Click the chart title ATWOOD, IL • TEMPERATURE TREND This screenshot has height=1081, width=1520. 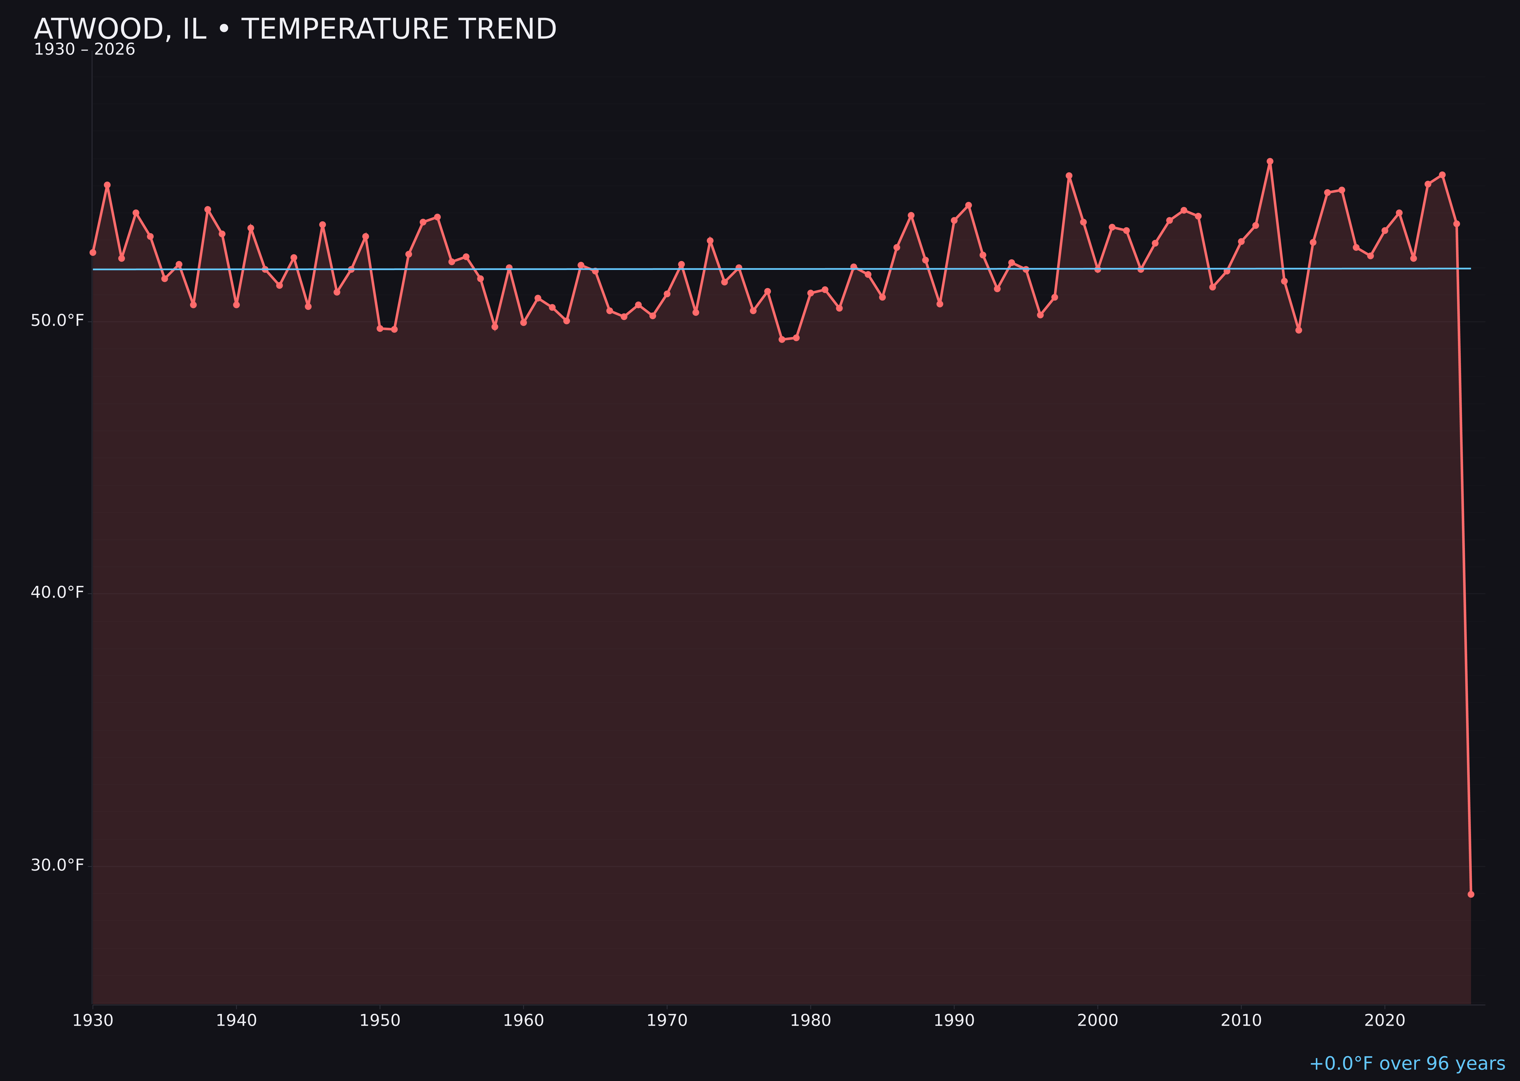click(x=295, y=29)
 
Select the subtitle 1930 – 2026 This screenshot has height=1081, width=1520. click(x=84, y=50)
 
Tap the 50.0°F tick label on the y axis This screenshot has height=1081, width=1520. click(x=57, y=321)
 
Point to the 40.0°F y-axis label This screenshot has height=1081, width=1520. click(x=57, y=593)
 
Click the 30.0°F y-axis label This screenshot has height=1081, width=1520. click(x=57, y=865)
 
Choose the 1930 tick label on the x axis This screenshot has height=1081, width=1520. click(x=93, y=1021)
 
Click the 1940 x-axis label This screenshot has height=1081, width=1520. click(x=236, y=1021)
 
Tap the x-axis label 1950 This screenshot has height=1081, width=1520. click(x=380, y=1021)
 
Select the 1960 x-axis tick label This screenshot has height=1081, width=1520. click(x=524, y=1021)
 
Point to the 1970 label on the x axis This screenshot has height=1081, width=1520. click(x=667, y=1021)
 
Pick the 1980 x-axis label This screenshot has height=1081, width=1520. click(x=811, y=1021)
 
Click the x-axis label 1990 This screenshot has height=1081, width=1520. click(x=954, y=1021)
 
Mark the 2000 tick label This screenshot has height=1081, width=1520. click(x=1097, y=1021)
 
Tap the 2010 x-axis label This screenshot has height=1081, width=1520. click(x=1241, y=1021)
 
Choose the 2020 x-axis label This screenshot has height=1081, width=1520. click(x=1385, y=1021)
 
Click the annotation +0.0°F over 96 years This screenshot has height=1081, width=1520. click(x=1407, y=1064)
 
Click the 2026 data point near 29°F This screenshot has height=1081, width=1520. click(x=1471, y=894)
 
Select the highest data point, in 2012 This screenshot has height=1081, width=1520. click(x=1270, y=161)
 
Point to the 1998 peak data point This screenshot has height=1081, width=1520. click(x=1069, y=176)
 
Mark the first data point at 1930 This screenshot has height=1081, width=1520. click(x=93, y=252)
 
